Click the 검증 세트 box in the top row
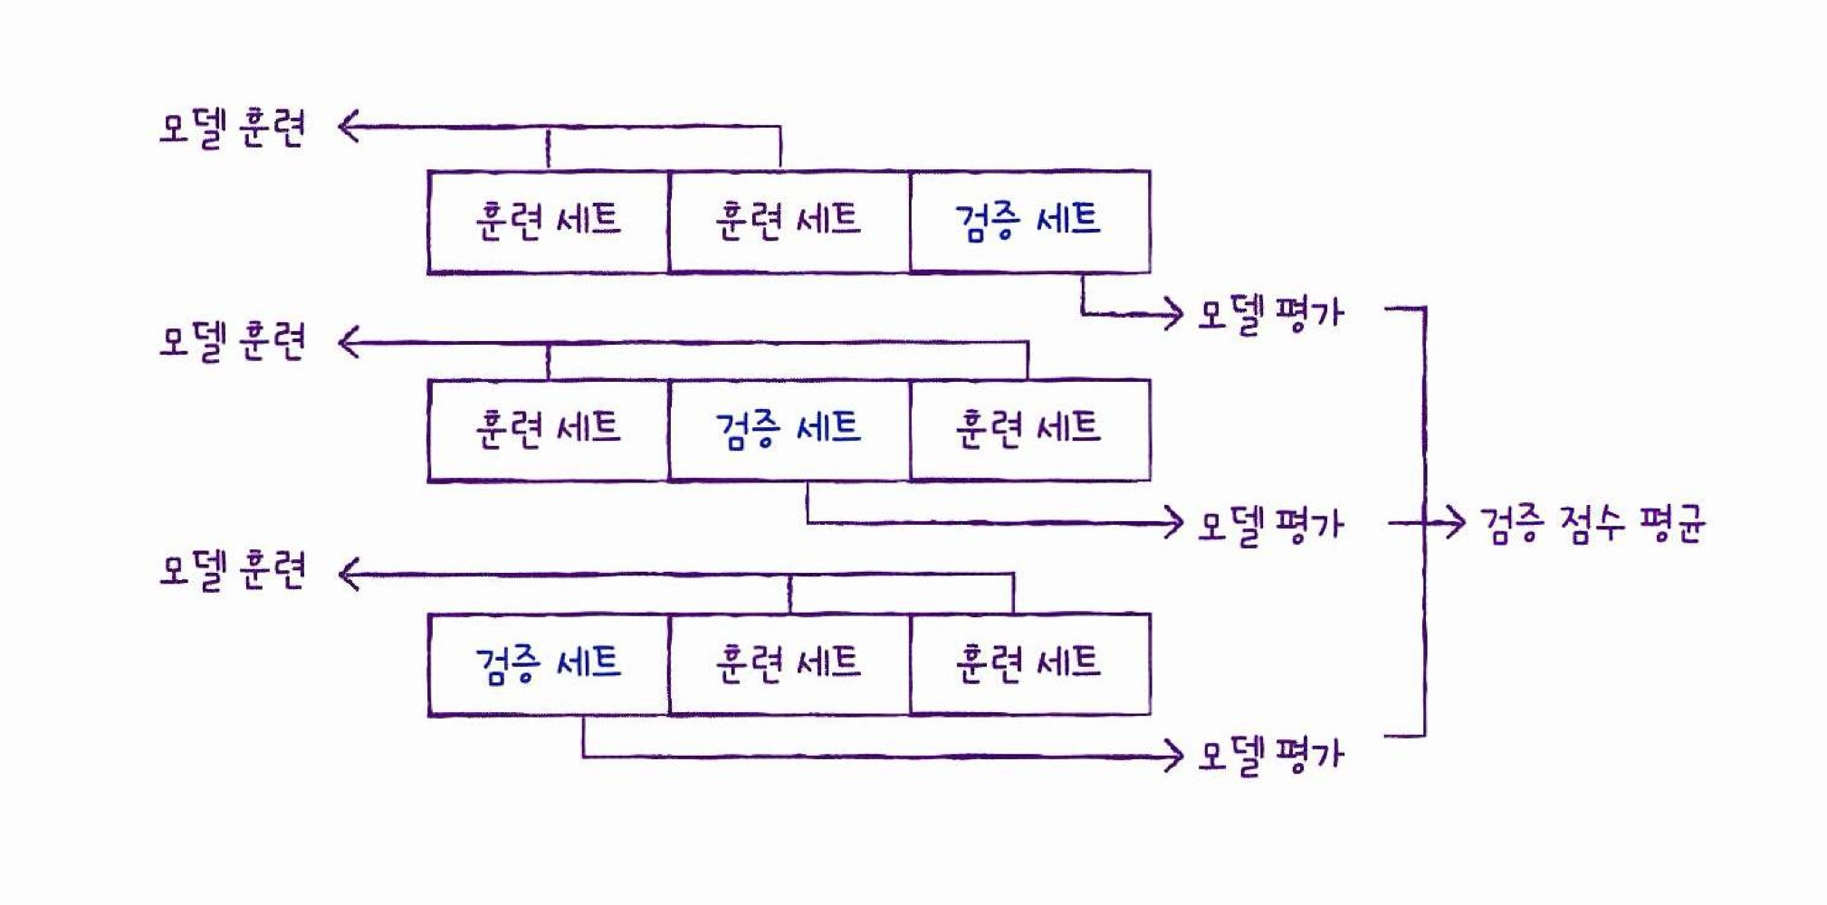click(1029, 222)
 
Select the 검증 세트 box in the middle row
click(789, 430)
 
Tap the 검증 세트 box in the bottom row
click(548, 664)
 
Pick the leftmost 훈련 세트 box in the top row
click(548, 222)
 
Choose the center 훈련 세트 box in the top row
click(789, 222)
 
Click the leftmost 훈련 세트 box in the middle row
click(548, 430)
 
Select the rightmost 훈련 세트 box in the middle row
click(1029, 430)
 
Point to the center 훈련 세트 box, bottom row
click(789, 664)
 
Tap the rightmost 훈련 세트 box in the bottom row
click(1029, 664)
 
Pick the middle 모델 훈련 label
click(233, 343)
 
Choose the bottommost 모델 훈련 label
click(233, 572)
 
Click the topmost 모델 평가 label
click(1270, 315)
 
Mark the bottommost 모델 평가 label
click(1270, 756)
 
